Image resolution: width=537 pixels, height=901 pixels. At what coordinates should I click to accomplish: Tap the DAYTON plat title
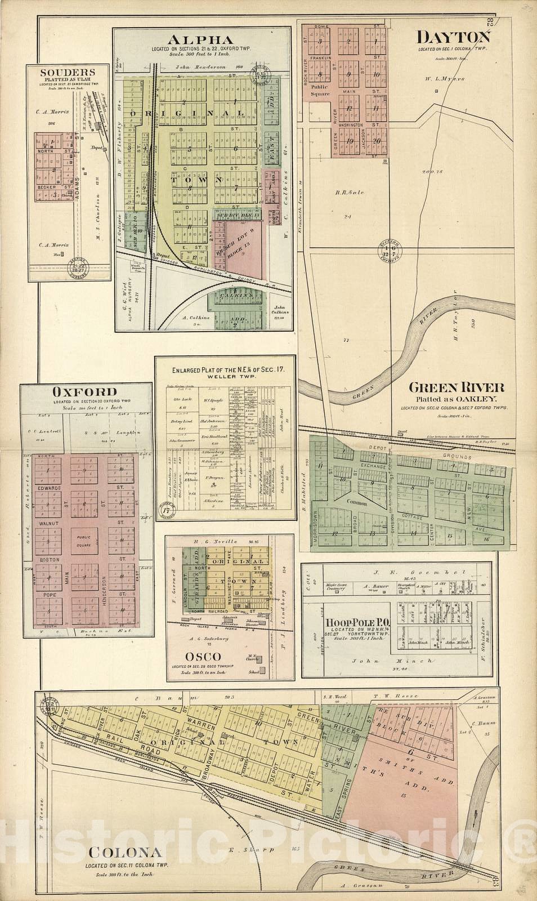click(x=453, y=37)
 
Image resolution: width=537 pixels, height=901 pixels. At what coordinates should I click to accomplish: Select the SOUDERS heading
click(x=66, y=72)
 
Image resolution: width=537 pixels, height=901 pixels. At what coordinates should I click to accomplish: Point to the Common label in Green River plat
click(x=356, y=503)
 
